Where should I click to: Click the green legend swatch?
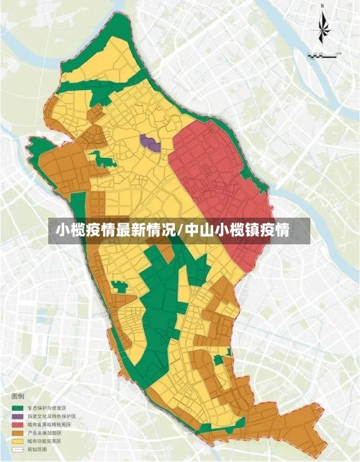click(x=17, y=409)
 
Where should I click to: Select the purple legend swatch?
click(x=17, y=417)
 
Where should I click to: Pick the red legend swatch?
click(x=17, y=425)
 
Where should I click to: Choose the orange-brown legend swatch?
click(x=17, y=432)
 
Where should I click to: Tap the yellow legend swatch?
click(x=17, y=440)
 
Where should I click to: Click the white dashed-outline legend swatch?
click(x=17, y=448)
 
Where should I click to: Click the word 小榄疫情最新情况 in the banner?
click(x=115, y=231)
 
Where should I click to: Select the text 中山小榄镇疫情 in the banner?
click(x=237, y=231)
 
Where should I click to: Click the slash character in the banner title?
click(x=180, y=231)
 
